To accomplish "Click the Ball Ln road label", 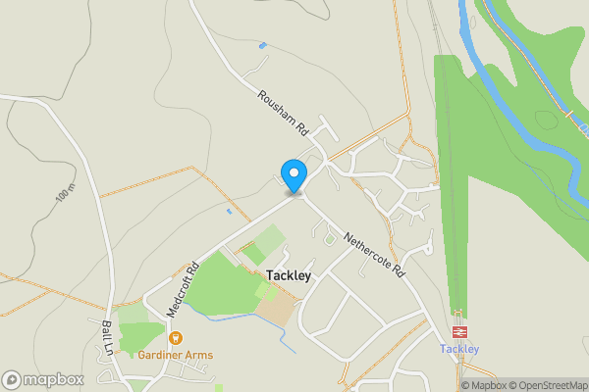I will coord(108,334).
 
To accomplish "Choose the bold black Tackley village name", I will coord(288,276).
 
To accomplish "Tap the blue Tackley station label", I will coord(458,349).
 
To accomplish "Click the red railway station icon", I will coord(458,331).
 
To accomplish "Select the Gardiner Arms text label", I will coord(176,355).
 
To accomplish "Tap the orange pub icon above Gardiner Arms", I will coord(176,338).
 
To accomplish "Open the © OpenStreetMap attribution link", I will coord(548,385).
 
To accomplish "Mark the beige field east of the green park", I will coord(276,311).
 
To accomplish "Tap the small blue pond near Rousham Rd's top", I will coord(261,45).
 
